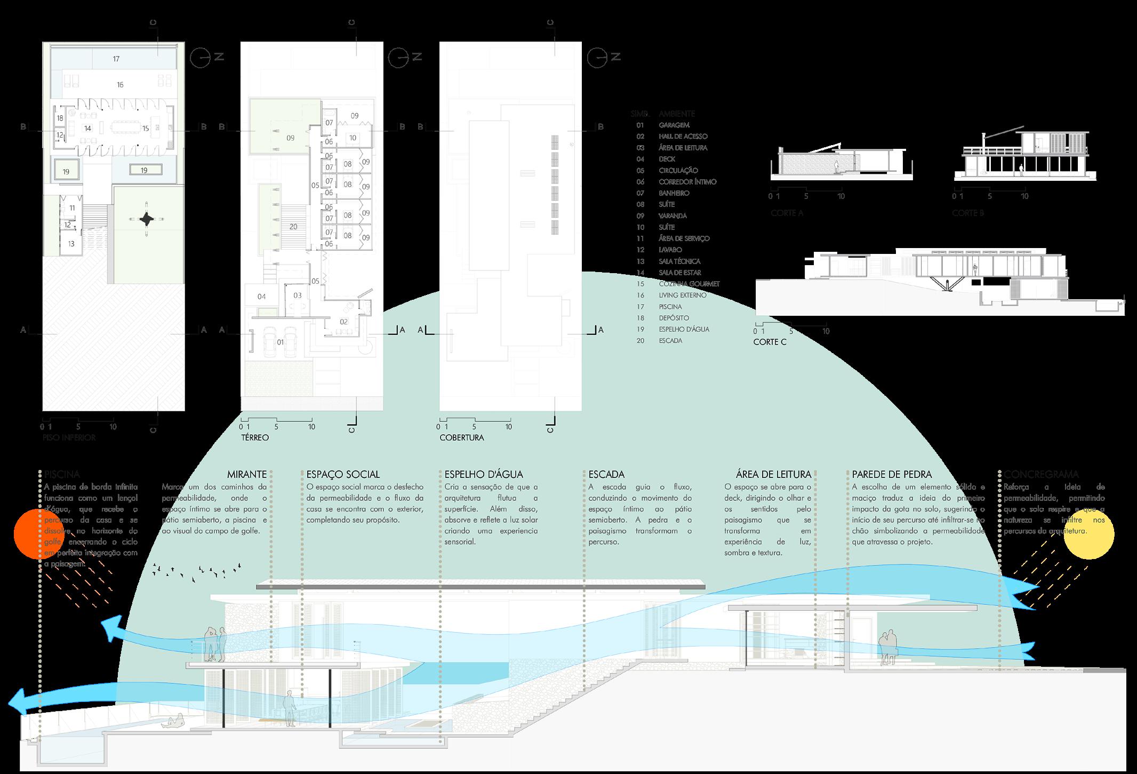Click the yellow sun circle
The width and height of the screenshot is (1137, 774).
[x=1088, y=534]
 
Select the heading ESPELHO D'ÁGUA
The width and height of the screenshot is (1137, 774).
[x=484, y=474]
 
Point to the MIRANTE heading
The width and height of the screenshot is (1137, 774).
[x=246, y=474]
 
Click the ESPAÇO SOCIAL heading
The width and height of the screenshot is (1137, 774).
[x=343, y=474]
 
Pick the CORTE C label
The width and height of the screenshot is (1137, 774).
[x=770, y=342]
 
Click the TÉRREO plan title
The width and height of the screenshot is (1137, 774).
[x=254, y=437]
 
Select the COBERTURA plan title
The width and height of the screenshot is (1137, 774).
[x=462, y=437]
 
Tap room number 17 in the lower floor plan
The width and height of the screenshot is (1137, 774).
[x=116, y=59]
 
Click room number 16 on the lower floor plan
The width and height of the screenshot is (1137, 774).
[x=120, y=84]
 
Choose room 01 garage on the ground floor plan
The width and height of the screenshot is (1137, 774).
[x=281, y=342]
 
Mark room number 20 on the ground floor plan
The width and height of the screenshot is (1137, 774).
[x=293, y=227]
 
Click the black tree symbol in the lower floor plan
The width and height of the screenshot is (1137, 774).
[x=146, y=219]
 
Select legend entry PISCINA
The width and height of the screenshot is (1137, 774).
[x=670, y=307]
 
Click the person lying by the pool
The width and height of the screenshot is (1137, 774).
[x=174, y=723]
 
